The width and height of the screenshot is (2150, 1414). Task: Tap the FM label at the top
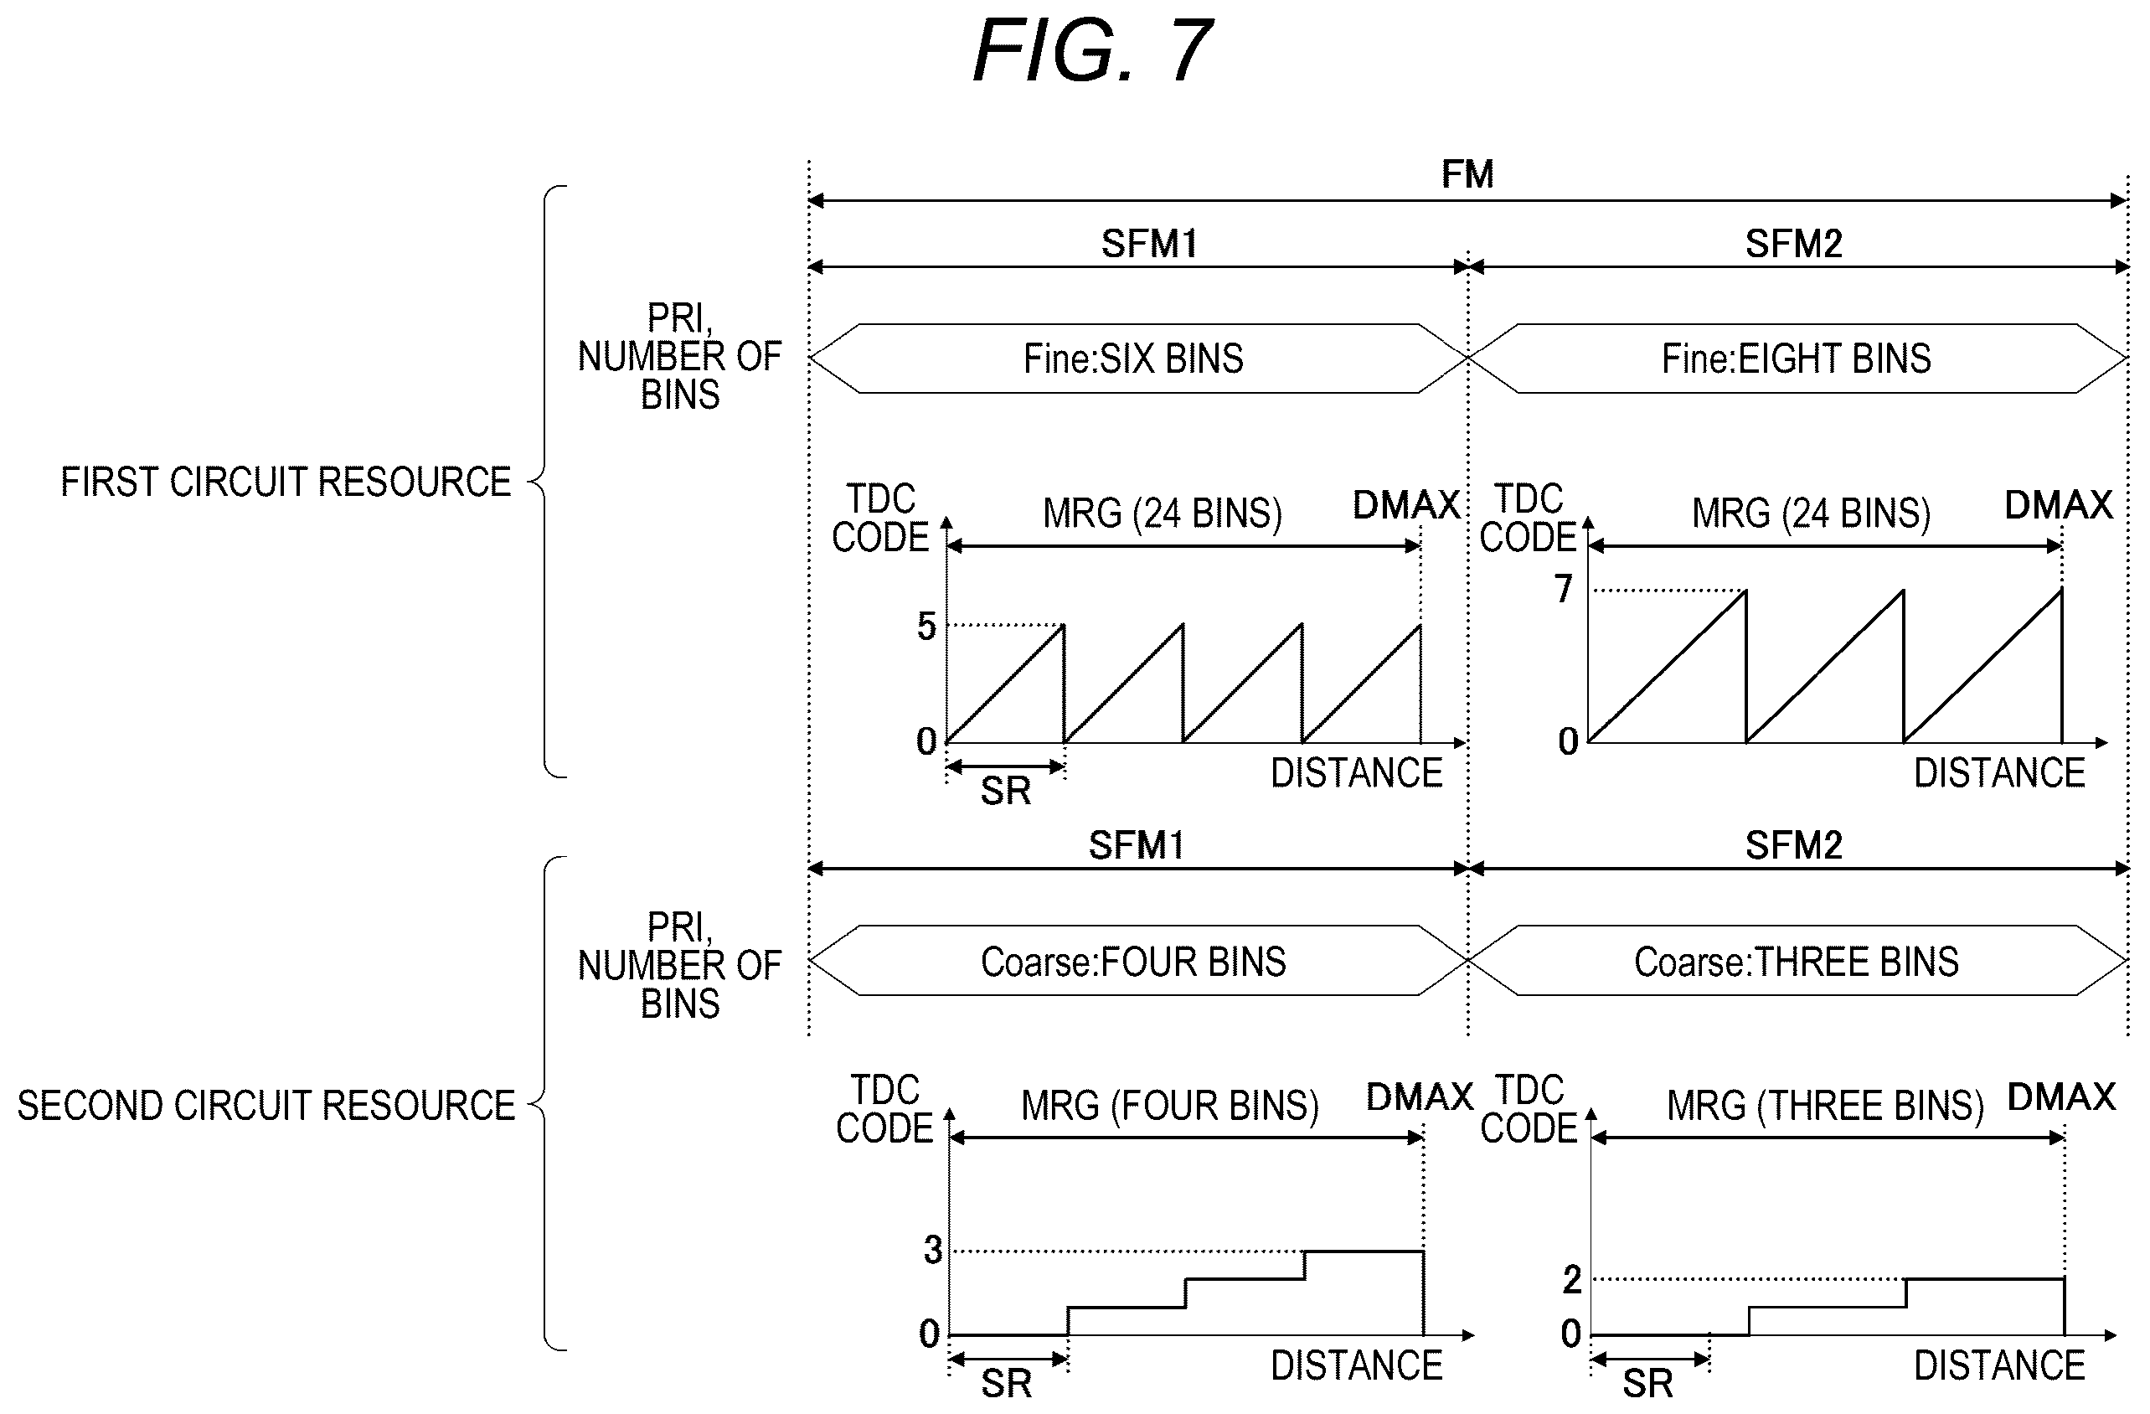(x=1467, y=173)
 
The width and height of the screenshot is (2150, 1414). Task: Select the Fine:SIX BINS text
(x=1133, y=359)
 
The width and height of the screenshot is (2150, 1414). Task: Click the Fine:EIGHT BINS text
(x=1796, y=359)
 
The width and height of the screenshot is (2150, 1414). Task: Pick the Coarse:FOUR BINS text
(x=1133, y=962)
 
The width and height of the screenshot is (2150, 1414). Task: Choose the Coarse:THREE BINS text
(x=1796, y=962)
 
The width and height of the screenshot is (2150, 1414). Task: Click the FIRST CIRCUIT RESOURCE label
(x=286, y=482)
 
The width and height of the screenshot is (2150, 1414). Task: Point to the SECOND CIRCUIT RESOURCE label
(x=266, y=1105)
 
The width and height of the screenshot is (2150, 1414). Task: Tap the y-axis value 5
(x=926, y=625)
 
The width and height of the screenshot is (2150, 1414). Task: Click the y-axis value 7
(x=1564, y=588)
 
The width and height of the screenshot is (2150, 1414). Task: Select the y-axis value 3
(x=933, y=1250)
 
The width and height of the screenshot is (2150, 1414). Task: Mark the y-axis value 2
(x=1572, y=1279)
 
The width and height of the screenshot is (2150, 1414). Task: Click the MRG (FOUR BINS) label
(x=1170, y=1105)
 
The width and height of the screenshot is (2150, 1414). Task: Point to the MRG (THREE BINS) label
(x=1825, y=1105)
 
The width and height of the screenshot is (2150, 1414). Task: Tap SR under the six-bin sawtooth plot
(x=1005, y=792)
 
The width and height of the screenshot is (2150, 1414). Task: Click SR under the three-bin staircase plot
(x=1647, y=1383)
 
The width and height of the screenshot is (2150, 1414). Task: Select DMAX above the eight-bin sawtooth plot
(x=2059, y=505)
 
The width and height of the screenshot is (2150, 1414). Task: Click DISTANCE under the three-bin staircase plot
(x=2000, y=1365)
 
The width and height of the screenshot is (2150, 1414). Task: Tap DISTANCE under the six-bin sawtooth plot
(x=1357, y=773)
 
